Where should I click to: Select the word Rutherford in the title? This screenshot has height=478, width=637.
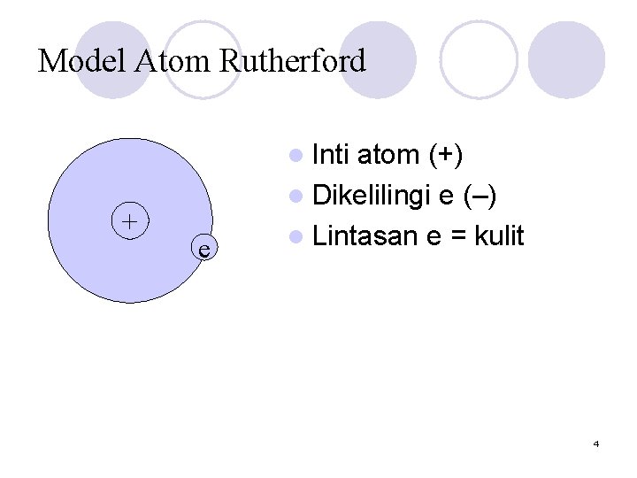(x=292, y=61)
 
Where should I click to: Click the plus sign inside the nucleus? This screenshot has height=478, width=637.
(x=130, y=220)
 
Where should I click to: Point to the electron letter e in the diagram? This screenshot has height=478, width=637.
(x=203, y=250)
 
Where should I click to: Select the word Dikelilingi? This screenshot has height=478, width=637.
(x=372, y=196)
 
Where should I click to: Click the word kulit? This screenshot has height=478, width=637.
(x=499, y=236)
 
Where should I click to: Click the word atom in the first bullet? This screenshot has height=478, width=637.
(x=388, y=155)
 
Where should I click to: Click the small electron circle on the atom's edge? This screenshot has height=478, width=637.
(x=203, y=249)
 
